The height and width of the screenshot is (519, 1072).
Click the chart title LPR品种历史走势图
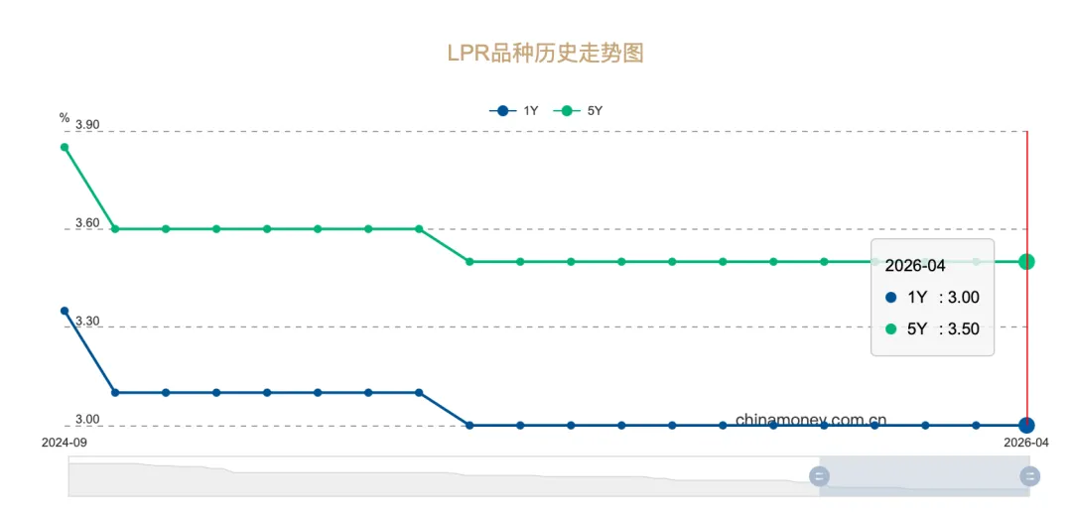[545, 53]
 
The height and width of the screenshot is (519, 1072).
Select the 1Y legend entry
[513, 111]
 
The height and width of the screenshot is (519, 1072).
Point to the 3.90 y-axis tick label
[87, 125]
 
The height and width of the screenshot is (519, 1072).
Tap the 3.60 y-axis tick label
[87, 223]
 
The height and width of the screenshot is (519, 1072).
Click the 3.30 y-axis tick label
[87, 322]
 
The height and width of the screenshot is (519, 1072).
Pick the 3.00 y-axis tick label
[87, 419]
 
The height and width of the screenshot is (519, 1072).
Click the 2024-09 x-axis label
[65, 443]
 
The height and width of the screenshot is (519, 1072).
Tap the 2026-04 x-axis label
[1026, 443]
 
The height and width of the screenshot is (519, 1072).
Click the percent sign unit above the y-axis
[65, 118]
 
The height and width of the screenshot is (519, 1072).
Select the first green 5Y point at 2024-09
[65, 147]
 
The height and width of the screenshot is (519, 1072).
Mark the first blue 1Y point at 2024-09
[65, 312]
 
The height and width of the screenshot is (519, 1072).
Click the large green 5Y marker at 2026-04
[1026, 261]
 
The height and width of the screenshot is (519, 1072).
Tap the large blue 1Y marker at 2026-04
[1026, 425]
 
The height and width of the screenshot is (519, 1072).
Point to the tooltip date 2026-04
[915, 266]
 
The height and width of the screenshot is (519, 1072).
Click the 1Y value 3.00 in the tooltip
[963, 298]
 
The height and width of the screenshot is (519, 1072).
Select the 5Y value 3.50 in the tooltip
[963, 328]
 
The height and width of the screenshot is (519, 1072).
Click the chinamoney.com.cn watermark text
[811, 420]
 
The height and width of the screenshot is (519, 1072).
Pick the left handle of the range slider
[819, 476]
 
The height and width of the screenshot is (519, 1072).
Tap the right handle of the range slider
[1029, 476]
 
